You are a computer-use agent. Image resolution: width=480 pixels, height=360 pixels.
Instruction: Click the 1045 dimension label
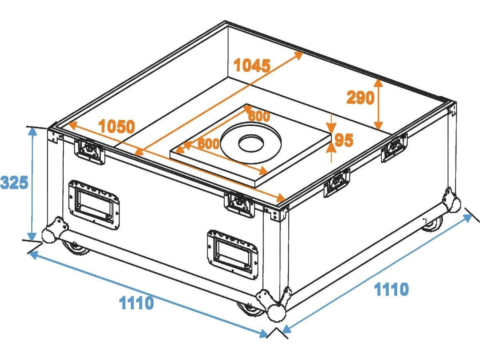pyautogui.click(x=252, y=65)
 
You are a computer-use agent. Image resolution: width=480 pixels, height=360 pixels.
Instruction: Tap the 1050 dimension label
pyautogui.click(x=117, y=126)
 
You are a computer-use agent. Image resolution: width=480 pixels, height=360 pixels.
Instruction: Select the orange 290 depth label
pyautogui.click(x=360, y=98)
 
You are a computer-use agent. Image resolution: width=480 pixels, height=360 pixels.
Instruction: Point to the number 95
pyautogui.click(x=344, y=140)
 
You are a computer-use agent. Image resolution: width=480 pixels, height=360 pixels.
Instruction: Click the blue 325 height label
pyautogui.click(x=14, y=182)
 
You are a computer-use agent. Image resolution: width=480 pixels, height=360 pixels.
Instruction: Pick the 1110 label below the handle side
pyautogui.click(x=136, y=302)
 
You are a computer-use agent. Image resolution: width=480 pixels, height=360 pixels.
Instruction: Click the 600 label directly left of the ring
pyautogui.click(x=208, y=144)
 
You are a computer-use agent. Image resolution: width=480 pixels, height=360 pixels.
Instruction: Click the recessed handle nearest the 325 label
pyautogui.click(x=94, y=205)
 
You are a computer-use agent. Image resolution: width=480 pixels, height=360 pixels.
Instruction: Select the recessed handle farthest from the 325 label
pyautogui.click(x=232, y=254)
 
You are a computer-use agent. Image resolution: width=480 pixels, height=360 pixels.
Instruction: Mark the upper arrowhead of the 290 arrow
pyautogui.click(x=378, y=83)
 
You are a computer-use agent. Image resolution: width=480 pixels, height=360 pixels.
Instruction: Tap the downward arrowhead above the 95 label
pyautogui.click(x=332, y=128)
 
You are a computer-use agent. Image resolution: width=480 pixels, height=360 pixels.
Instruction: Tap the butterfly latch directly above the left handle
pyautogui.click(x=90, y=151)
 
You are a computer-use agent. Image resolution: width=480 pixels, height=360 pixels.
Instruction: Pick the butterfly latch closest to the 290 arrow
pyautogui.click(x=394, y=147)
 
